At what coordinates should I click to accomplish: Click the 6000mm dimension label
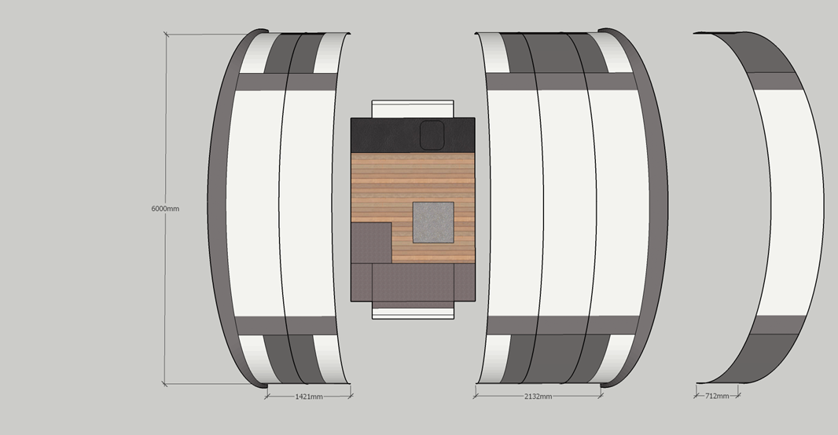[165, 209]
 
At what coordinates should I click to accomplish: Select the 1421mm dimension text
[309, 397]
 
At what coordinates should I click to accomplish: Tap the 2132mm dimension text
[538, 397]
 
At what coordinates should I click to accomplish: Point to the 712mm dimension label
[717, 396]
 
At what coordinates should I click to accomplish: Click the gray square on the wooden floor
[433, 222]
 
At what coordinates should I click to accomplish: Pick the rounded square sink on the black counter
[432, 135]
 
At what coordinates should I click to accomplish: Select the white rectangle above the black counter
[413, 109]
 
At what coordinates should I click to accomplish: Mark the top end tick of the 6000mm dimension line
[166, 35]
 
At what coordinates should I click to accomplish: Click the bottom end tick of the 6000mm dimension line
[164, 383]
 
